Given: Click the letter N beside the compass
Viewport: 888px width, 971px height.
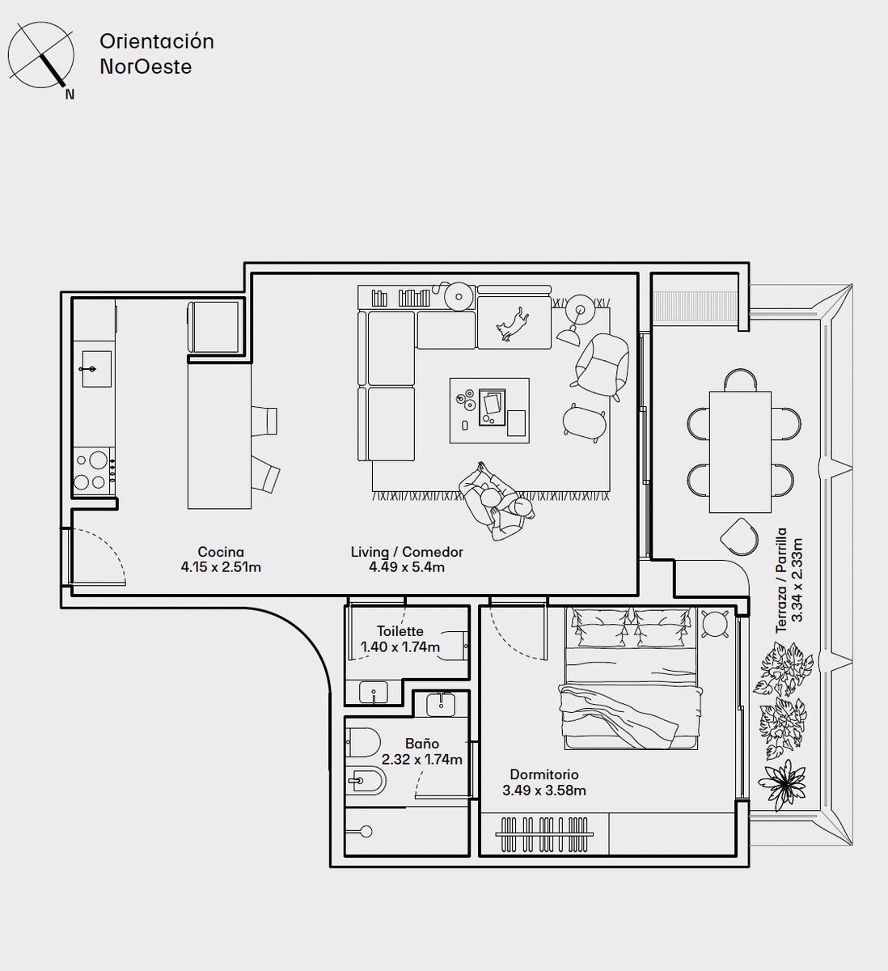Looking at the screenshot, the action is (70, 95).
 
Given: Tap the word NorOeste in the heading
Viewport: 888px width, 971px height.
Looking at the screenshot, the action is (146, 67).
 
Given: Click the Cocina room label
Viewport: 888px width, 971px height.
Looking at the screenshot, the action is (221, 552).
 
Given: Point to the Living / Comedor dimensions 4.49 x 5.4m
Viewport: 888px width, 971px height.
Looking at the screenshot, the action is (407, 566).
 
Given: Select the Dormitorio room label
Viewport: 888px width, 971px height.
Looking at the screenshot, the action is (544, 774).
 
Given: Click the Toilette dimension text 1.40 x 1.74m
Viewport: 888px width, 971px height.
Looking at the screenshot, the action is (400, 647).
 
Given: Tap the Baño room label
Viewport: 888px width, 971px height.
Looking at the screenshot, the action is (422, 743).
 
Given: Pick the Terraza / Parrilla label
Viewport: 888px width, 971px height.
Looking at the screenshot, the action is (781, 580).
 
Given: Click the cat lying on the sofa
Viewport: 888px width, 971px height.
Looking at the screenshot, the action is (512, 324).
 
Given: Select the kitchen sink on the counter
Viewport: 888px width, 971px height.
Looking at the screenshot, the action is (96, 369).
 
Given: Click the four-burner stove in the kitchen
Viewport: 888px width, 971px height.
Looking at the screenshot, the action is (94, 470).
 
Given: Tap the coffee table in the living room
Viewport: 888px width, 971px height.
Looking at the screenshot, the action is (489, 410).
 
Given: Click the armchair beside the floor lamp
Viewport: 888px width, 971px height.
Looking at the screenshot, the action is (602, 367).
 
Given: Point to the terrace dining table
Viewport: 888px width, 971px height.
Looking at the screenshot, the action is (740, 452).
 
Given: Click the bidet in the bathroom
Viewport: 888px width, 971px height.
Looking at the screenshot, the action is (366, 780).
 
